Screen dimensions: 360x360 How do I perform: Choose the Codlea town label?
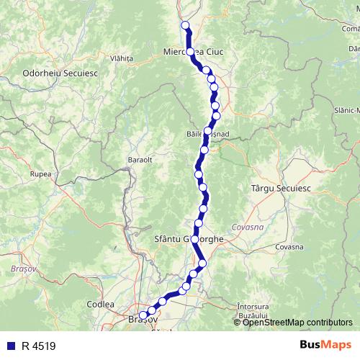100,305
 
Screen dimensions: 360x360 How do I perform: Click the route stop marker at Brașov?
143,315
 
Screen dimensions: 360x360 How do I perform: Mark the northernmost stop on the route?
185,26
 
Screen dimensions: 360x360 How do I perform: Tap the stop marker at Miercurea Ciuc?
191,52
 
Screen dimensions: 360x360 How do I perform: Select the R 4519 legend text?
38,346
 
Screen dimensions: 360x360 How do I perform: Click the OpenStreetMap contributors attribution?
297,322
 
